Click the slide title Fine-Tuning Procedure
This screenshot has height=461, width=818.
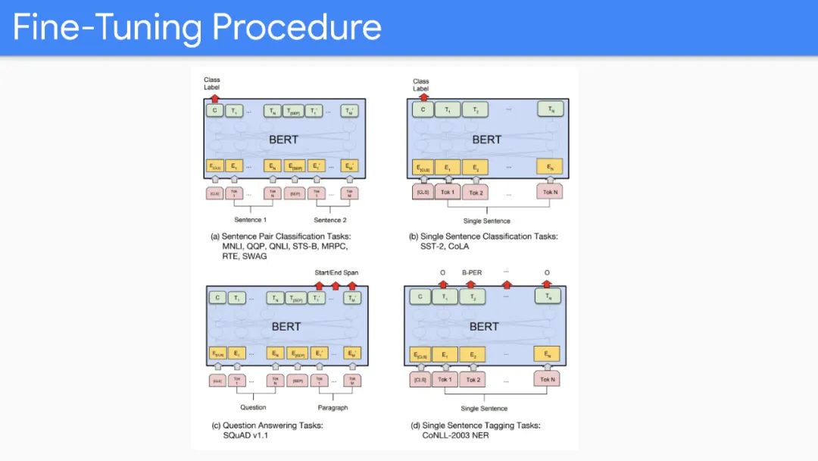click(x=197, y=27)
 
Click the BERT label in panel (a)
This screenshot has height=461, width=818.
click(x=283, y=140)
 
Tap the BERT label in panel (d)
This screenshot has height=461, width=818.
click(x=484, y=326)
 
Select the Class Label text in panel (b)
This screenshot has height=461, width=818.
click(x=420, y=85)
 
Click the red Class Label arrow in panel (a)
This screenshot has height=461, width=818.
click(x=214, y=98)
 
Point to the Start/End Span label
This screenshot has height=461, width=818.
click(x=336, y=272)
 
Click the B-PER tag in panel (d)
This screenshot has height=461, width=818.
click(x=473, y=272)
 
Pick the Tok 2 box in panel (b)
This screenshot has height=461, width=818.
click(x=476, y=193)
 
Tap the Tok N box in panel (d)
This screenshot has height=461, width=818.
click(x=547, y=379)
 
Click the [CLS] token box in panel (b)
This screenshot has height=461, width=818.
click(x=423, y=193)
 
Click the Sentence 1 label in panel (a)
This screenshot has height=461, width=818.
click(x=249, y=220)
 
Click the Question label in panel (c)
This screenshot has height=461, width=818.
click(x=253, y=407)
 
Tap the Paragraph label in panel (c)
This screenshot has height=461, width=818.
click(x=333, y=407)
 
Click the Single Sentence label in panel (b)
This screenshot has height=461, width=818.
click(x=485, y=221)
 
